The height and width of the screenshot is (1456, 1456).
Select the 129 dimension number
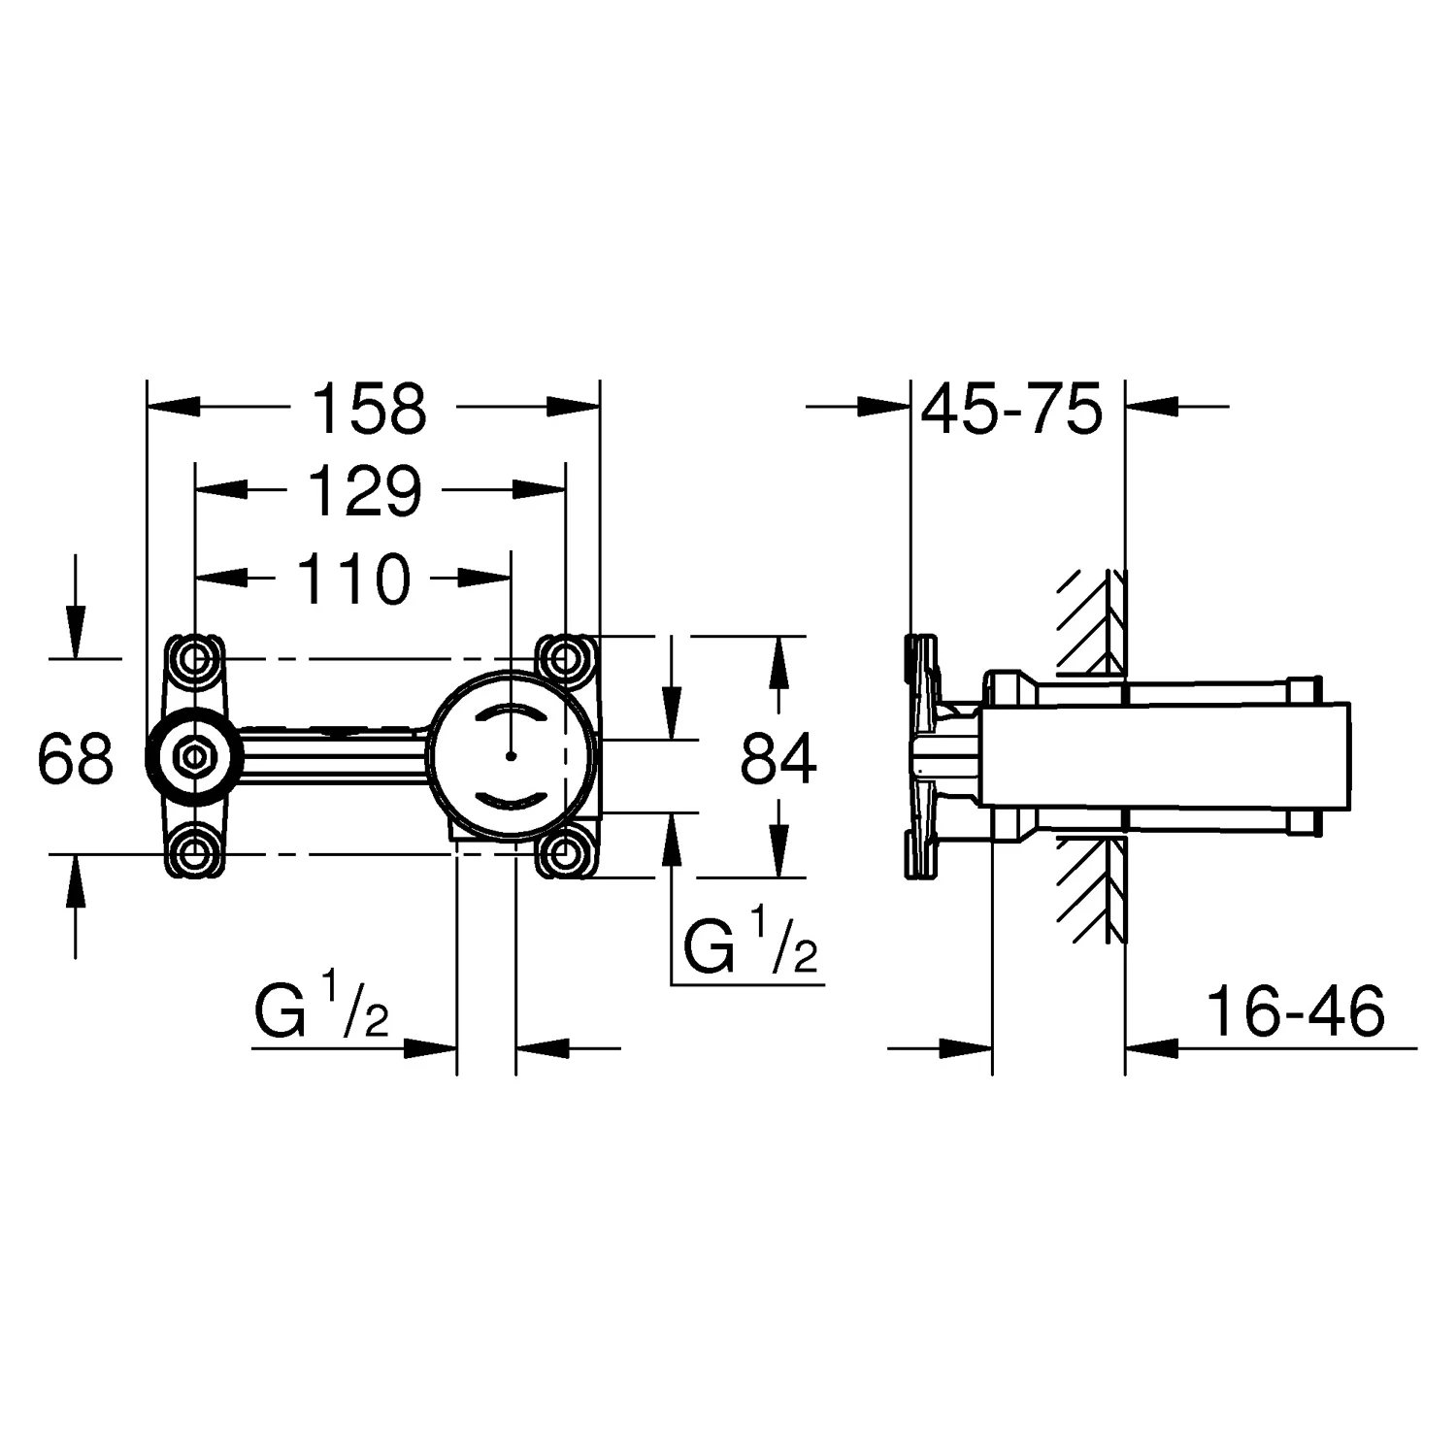tap(365, 492)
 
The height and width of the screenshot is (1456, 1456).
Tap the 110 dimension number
tap(353, 579)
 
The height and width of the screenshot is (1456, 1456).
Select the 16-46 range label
tap(1295, 1012)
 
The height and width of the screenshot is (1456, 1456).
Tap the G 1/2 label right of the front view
tap(750, 945)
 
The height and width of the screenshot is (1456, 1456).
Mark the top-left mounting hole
tap(195, 659)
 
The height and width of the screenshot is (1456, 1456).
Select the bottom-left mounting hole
tap(195, 854)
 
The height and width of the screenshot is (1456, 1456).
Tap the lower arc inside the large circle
tap(512, 800)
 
